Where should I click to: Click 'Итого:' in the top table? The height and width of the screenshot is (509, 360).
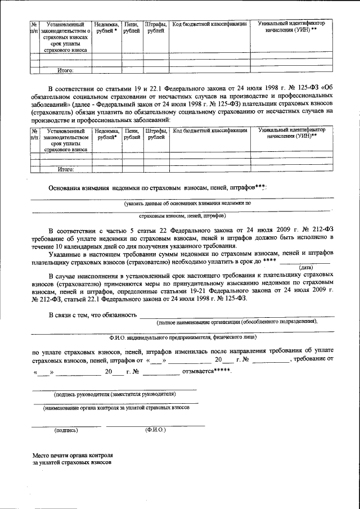(x=66, y=71)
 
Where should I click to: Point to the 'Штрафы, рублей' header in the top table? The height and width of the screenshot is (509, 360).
(x=156, y=28)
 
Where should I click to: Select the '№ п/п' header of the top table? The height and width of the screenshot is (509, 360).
(x=34, y=28)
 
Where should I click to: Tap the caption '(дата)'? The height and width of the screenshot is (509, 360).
(x=307, y=267)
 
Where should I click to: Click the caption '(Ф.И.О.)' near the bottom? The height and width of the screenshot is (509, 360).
(x=155, y=430)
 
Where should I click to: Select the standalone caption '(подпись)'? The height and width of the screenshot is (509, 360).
(x=66, y=430)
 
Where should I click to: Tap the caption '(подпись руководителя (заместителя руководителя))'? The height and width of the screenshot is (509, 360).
(x=115, y=394)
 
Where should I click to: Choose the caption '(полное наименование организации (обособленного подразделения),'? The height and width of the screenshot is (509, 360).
(x=237, y=322)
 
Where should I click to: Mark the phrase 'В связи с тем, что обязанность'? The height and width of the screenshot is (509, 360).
(x=93, y=314)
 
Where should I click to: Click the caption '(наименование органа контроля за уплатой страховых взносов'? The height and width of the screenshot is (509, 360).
(x=116, y=407)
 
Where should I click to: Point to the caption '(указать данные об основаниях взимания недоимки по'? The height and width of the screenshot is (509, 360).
(x=188, y=202)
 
